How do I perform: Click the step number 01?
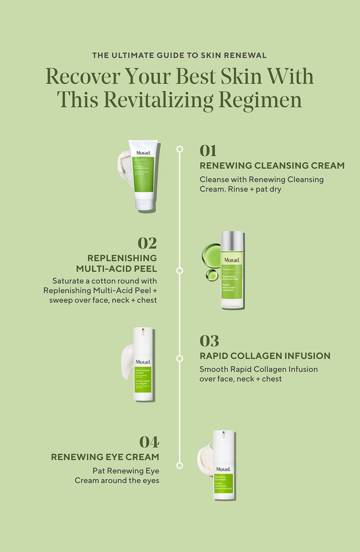208,150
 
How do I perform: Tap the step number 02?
147,243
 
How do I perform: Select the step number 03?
209,341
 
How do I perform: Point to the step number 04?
149,442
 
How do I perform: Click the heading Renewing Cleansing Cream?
272,166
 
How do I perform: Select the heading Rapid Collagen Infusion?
264,356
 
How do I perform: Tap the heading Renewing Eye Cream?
105,457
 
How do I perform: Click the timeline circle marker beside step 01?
180,149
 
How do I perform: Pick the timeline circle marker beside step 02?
180,270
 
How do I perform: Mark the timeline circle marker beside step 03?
180,358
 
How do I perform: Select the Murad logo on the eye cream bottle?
223,469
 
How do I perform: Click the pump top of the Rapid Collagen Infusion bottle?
143,334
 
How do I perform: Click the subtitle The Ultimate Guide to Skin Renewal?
180,55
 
